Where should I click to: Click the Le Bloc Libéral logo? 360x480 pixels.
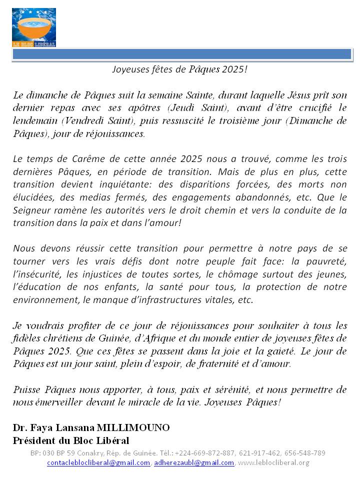coord(34,27)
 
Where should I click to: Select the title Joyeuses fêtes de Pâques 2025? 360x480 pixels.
coord(179,69)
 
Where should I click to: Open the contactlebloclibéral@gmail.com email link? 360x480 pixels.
coord(98,463)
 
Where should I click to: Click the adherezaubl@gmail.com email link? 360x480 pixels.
coord(194,463)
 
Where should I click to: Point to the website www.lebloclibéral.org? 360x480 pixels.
coord(273,463)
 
